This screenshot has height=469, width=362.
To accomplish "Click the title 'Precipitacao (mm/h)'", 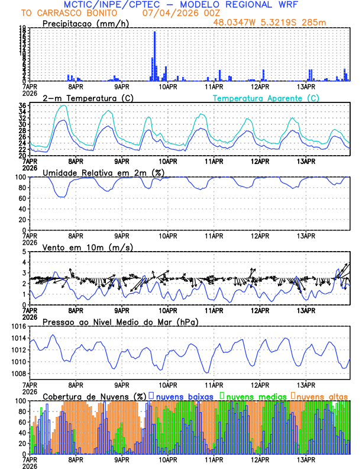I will coord(84,23).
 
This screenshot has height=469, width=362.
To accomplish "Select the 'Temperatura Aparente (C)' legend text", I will coord(266,98).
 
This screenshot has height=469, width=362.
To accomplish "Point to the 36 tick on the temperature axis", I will coord(22,106).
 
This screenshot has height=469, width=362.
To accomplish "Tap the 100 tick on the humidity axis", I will coord(20,177).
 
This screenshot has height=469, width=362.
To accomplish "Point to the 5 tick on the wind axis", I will coord(24,252).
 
